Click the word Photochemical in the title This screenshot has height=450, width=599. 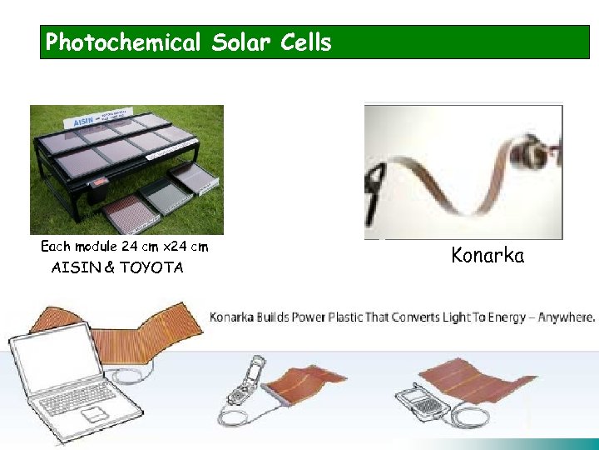click(x=123, y=42)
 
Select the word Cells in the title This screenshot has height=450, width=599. click(x=306, y=42)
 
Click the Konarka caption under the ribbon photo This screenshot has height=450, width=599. click(x=488, y=255)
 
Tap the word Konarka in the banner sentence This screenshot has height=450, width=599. click(x=236, y=317)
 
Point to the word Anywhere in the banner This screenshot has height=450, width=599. click(x=568, y=317)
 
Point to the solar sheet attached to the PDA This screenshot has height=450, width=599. click(x=492, y=387)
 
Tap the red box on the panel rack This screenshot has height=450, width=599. click(x=98, y=181)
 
